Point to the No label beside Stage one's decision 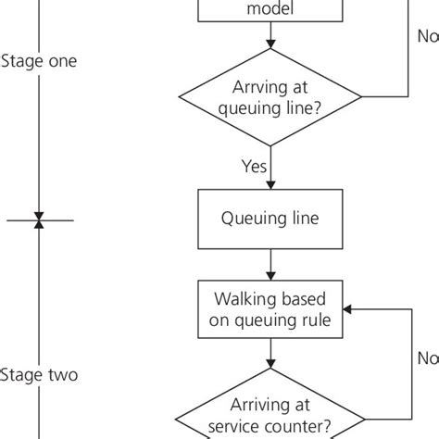tap(427, 38)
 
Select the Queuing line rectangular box tap(270, 220)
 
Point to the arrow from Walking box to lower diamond tap(270, 354)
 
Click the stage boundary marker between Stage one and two tap(39, 220)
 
